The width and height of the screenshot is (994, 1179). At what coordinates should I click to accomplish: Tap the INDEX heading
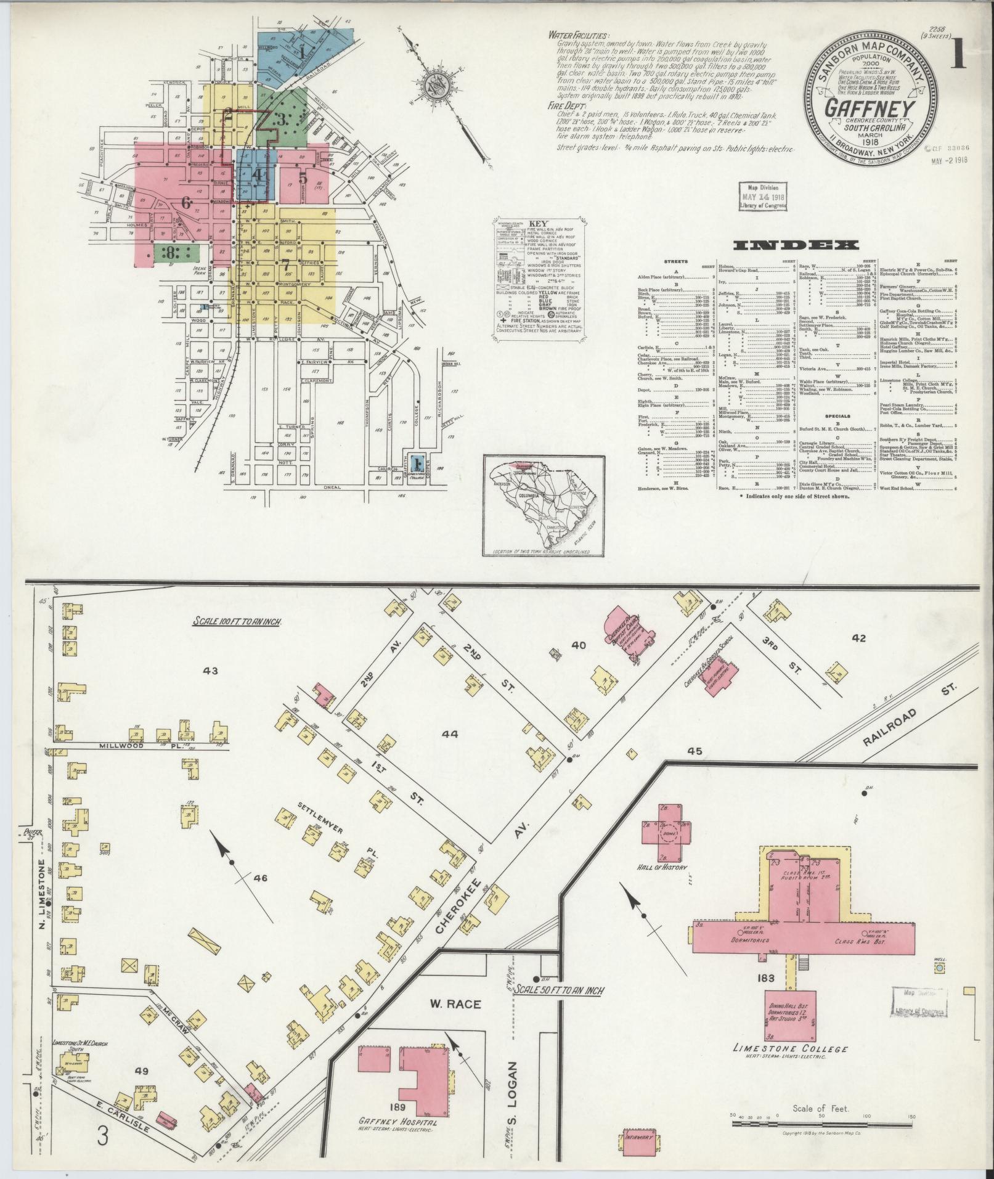click(x=796, y=245)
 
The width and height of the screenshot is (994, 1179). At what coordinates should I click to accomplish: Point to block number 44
click(x=450, y=734)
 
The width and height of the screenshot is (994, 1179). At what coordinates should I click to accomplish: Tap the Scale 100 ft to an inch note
click(x=237, y=622)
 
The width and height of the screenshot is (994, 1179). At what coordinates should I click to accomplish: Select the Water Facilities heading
click(x=577, y=36)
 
